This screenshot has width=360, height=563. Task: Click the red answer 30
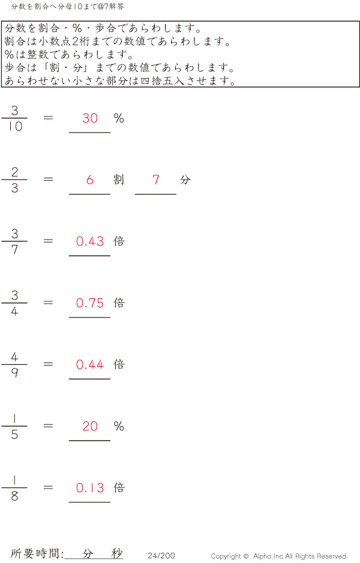pyautogui.click(x=90, y=118)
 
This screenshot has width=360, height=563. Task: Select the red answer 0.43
pyautogui.click(x=90, y=241)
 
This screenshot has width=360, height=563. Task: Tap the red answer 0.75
pyautogui.click(x=90, y=303)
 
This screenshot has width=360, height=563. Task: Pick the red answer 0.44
pyautogui.click(x=90, y=364)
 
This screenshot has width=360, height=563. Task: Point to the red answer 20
pyautogui.click(x=90, y=426)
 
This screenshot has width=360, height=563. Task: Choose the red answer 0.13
pyautogui.click(x=90, y=488)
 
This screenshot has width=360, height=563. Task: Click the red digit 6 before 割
pyautogui.click(x=90, y=179)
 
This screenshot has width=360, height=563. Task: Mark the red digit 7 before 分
pyautogui.click(x=156, y=179)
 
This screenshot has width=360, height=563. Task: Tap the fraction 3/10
pyautogui.click(x=14, y=118)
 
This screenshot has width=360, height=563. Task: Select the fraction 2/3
pyautogui.click(x=14, y=180)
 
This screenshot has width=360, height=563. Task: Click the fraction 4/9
pyautogui.click(x=14, y=365)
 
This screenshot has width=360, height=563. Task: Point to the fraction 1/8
pyautogui.click(x=14, y=488)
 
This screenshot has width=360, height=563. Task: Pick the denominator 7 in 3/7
pyautogui.click(x=14, y=250)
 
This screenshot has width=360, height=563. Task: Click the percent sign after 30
pyautogui.click(x=119, y=118)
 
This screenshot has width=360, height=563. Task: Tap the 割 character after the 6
pyautogui.click(x=119, y=179)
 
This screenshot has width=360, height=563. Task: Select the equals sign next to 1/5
pyautogui.click(x=48, y=426)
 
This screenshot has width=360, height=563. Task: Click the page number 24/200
pyautogui.click(x=161, y=556)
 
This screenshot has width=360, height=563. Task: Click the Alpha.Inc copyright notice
pyautogui.click(x=279, y=556)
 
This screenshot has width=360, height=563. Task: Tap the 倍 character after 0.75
pyautogui.click(x=119, y=303)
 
